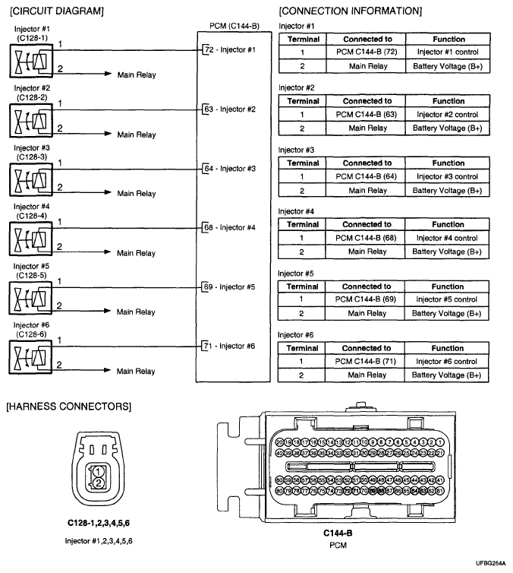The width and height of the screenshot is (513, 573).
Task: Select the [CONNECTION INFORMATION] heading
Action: [350, 11]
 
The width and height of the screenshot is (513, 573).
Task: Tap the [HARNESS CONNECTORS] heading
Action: [68, 407]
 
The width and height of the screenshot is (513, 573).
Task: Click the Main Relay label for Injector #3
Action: [136, 194]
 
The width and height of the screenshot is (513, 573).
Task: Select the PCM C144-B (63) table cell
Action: [367, 115]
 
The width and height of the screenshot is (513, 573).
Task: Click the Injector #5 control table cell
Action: [448, 299]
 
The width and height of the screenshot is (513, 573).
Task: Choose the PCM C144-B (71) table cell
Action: [367, 362]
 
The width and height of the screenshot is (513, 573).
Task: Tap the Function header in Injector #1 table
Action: [448, 39]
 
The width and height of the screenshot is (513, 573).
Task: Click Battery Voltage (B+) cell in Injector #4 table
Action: [448, 252]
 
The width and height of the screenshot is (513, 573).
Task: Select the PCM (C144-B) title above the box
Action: [234, 27]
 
